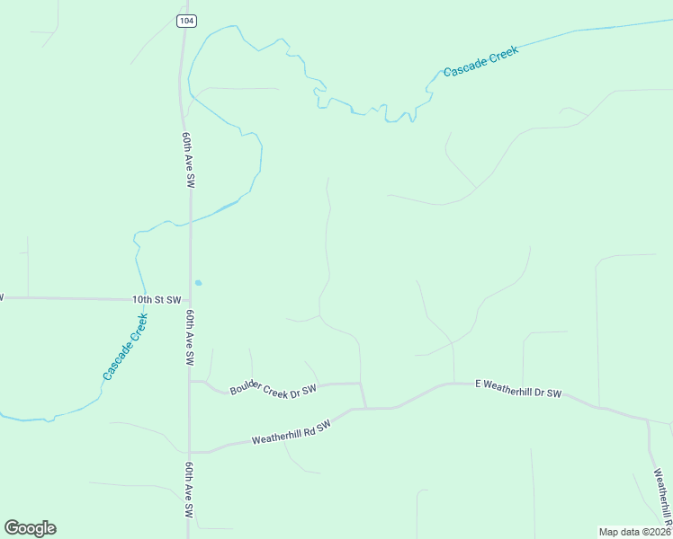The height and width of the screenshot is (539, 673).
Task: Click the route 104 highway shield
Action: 186,20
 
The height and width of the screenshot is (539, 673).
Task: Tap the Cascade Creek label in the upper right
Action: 480,60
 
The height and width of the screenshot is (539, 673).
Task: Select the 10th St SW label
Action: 157,299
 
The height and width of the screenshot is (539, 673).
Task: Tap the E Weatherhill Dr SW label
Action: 517,388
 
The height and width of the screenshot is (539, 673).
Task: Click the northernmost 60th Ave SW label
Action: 188,160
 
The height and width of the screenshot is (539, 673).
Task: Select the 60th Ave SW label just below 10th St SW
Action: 190,338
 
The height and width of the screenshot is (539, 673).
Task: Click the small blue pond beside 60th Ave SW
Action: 198,283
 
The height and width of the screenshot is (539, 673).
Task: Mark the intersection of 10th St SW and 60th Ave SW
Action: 189,299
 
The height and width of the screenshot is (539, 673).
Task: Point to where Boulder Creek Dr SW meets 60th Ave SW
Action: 190,381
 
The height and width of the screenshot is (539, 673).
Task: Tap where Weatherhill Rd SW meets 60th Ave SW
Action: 190,452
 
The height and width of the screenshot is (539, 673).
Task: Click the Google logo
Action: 30,528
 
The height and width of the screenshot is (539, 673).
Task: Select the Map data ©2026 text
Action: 634,531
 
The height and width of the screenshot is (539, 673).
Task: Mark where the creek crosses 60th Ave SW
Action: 189,218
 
